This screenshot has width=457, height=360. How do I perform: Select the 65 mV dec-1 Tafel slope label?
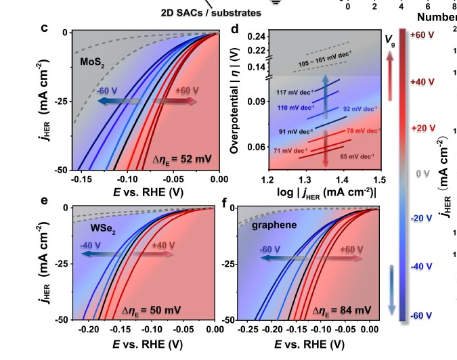[357, 156]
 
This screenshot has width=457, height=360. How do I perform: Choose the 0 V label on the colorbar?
[423, 174]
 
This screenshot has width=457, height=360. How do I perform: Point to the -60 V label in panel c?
[108, 90]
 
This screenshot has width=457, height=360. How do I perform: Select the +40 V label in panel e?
[164, 246]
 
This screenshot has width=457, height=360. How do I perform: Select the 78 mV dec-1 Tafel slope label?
[362, 130]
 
